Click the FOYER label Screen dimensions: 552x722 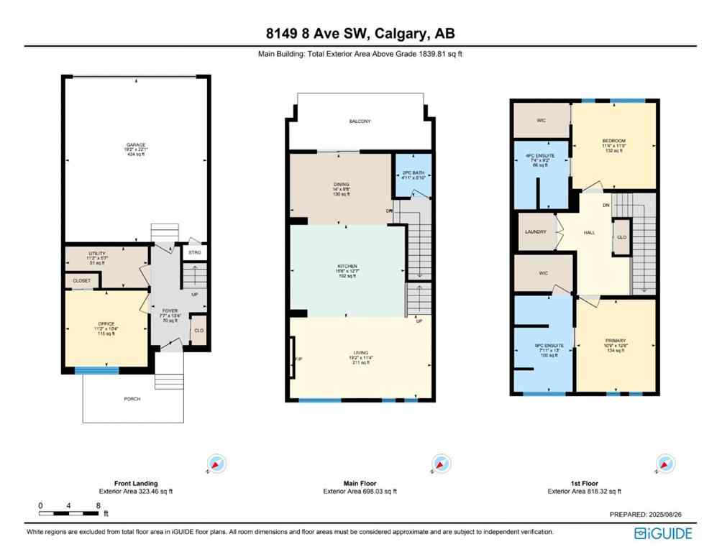pos(170,311)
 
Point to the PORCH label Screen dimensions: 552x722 pos(132,399)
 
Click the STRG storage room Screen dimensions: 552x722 pos(194,252)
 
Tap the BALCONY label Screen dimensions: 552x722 pos(360,121)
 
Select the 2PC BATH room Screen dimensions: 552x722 pos(413,174)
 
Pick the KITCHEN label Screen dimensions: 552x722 pos(347,266)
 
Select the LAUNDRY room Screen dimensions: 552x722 pos(536,231)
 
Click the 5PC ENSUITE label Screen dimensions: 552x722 pos(543,346)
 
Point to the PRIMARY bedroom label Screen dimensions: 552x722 pos(615,340)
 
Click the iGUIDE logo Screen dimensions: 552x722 pos(663,533)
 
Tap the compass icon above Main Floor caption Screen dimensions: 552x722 pos(439,462)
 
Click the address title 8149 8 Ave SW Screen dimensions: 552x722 pos(360,34)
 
